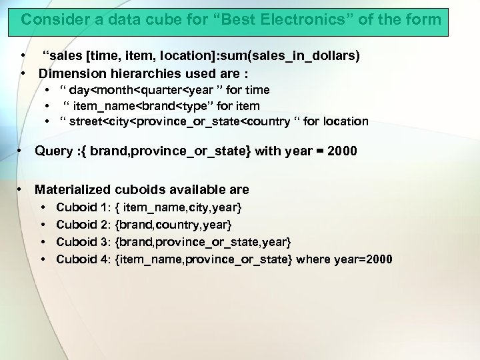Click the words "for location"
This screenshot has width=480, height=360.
(x=335, y=121)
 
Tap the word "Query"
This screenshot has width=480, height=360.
(x=53, y=151)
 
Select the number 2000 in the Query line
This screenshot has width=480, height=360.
(x=341, y=151)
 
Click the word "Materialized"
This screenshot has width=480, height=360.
(x=73, y=190)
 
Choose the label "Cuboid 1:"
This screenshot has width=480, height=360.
(x=83, y=209)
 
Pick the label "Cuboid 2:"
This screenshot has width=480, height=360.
(x=83, y=225)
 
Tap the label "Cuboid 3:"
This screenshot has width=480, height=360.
(x=83, y=241)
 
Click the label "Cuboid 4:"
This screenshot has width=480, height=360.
(x=83, y=259)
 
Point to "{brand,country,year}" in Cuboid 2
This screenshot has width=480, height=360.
(x=173, y=225)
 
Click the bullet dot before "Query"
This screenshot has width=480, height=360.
(x=21, y=151)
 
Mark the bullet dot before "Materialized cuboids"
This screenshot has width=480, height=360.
(x=21, y=190)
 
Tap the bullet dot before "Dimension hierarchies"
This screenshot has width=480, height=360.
(x=23, y=72)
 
